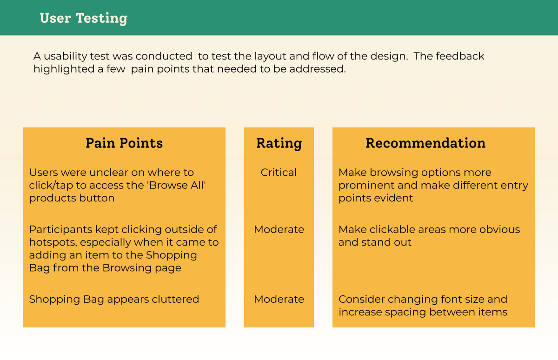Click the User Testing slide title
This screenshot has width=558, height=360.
[83, 18]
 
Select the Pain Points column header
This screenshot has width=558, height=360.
[124, 143]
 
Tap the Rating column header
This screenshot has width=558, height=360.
[279, 143]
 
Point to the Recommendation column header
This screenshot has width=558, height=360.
[425, 143]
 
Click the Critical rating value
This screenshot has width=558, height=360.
[279, 173]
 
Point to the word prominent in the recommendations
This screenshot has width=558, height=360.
[362, 185]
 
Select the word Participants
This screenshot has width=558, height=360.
[58, 229]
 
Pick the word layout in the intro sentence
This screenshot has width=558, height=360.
[270, 56]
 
